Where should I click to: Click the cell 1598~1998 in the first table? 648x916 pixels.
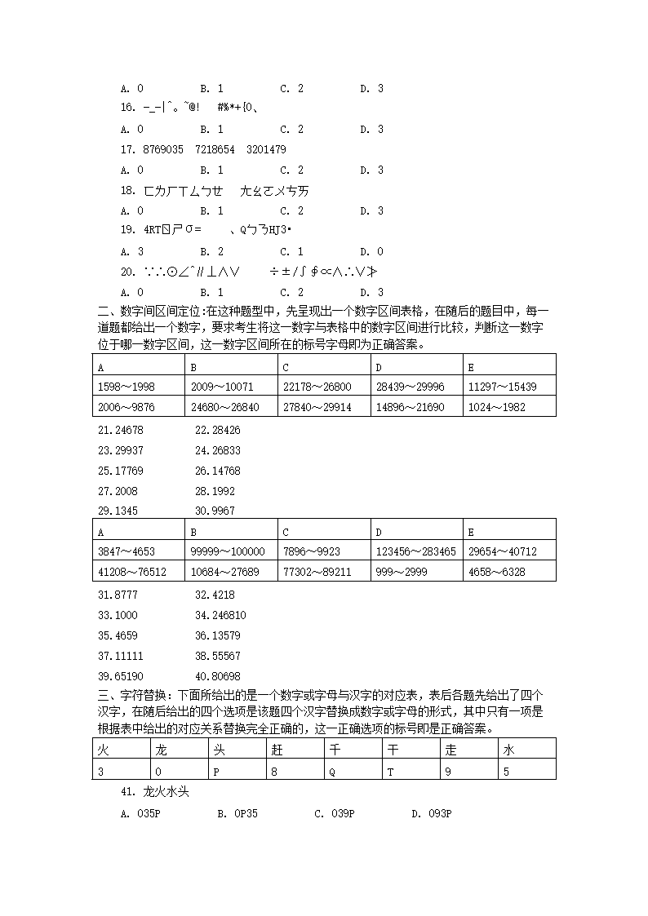[x=126, y=387]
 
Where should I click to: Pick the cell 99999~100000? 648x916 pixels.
[x=222, y=551]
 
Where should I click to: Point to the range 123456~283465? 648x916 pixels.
[x=415, y=551]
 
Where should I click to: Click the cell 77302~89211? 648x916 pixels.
[x=317, y=572]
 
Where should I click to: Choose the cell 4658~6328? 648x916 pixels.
[x=496, y=572]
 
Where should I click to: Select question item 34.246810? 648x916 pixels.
[x=220, y=615]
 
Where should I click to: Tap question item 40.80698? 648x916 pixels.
[x=218, y=676]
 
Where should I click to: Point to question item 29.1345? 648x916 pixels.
[x=118, y=511]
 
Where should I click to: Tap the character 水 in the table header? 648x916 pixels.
[x=509, y=750]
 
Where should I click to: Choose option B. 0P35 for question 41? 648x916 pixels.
[x=237, y=813]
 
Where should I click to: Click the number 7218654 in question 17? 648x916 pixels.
[x=215, y=149]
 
